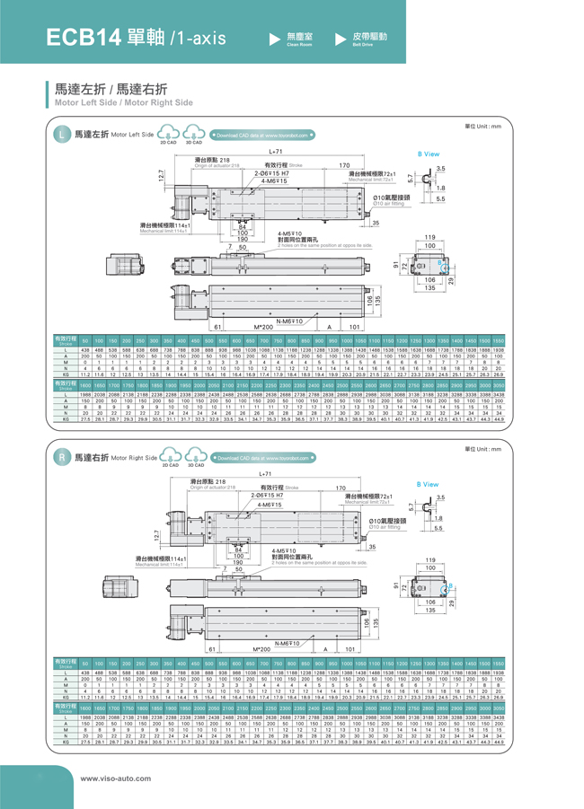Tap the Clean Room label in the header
click(x=297, y=39)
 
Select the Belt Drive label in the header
click(x=362, y=39)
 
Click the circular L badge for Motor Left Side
click(x=61, y=135)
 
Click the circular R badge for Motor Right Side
click(x=61, y=458)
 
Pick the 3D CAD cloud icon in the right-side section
click(x=193, y=458)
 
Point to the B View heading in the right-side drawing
click(x=429, y=484)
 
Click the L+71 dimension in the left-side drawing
click(x=276, y=152)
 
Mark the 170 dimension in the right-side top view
click(x=341, y=488)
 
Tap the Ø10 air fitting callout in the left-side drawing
click(x=392, y=198)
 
